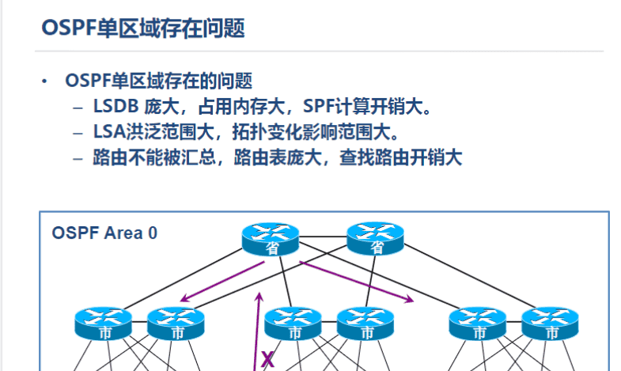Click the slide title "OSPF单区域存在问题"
(x=142, y=29)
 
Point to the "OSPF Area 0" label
(x=104, y=233)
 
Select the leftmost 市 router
(x=104, y=324)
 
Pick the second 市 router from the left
(x=176, y=324)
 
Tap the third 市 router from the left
(x=293, y=324)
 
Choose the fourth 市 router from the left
(x=365, y=324)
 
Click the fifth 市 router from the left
(x=478, y=324)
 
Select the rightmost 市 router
(x=551, y=324)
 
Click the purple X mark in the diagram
(x=267, y=361)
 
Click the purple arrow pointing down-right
(x=356, y=282)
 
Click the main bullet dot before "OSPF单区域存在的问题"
(x=45, y=81)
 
